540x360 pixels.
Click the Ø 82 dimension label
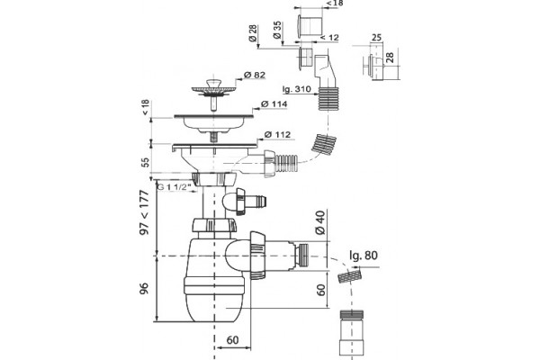point(254,75)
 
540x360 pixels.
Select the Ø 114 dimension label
point(274,103)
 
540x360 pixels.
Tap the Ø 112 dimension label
point(277,134)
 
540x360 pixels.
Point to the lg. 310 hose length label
point(296,89)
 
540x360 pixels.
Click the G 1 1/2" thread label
point(174,187)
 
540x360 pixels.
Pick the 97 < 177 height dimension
point(145,212)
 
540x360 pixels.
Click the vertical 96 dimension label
point(144,288)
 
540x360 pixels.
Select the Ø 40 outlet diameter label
point(319,222)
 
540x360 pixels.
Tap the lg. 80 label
point(364,256)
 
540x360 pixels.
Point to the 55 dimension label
point(146,162)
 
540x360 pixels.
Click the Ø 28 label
point(253,33)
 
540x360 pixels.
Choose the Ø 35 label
point(277,30)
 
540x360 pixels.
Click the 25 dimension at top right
point(377,37)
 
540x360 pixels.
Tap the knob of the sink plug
point(212,83)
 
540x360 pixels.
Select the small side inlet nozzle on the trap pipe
point(247,201)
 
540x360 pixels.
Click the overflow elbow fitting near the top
point(324,70)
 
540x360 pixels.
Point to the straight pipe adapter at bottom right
point(352,332)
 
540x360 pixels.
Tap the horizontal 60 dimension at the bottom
point(232,340)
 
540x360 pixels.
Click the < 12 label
point(329,37)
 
